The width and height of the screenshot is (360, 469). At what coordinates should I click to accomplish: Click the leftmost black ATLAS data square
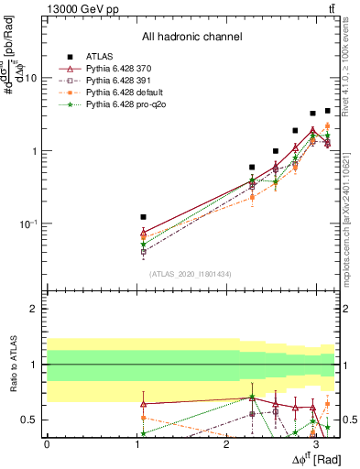pos(143,217)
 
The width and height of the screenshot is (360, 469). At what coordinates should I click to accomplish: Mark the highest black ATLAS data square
pos(327,111)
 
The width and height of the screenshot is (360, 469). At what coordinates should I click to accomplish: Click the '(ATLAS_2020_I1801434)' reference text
pos(191,274)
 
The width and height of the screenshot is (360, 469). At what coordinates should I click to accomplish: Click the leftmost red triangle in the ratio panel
pos(143,404)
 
